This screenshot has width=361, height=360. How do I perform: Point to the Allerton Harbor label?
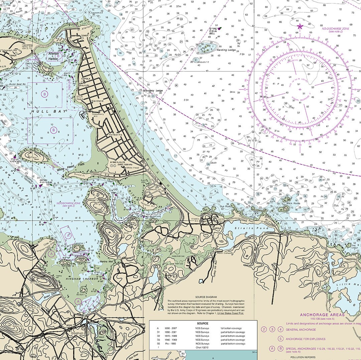(x=53, y=56)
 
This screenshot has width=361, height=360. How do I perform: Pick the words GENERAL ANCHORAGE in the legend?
(x=300, y=330)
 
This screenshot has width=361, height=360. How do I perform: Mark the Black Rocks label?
(x=293, y=204)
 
